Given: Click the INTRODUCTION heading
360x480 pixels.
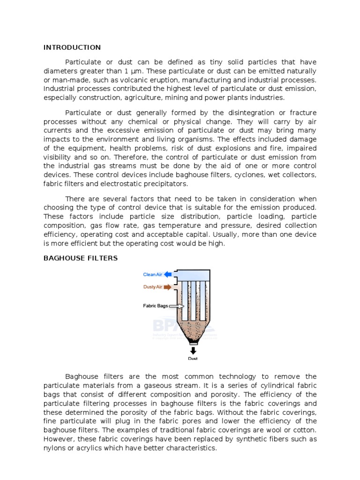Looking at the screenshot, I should click(x=72, y=47).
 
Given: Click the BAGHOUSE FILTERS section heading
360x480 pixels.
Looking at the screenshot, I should click(x=80, y=258).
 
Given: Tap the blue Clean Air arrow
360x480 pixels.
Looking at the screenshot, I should click(x=168, y=274).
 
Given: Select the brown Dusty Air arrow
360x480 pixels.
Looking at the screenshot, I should click(x=167, y=287).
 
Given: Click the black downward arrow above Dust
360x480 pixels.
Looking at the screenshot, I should click(x=193, y=350).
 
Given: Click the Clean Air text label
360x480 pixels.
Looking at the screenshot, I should click(x=152, y=274).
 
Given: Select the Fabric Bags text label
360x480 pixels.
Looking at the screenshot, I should click(x=155, y=306).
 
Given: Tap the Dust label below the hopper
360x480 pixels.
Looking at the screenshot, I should click(x=193, y=359).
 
